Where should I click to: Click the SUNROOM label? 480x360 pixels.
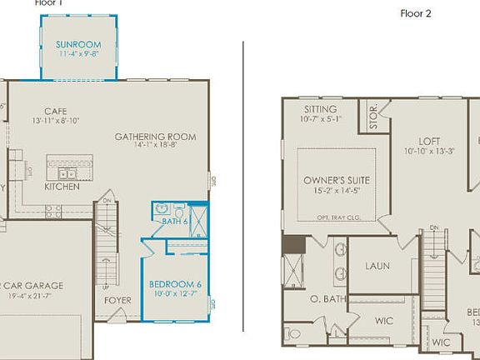tap(79, 44)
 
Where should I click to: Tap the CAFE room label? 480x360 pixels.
tap(55, 110)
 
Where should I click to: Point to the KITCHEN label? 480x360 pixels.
tap(62, 187)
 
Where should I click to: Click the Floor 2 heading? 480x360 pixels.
tap(416, 13)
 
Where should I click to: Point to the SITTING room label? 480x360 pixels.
tap(321, 109)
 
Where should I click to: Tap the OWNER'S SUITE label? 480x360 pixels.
tap(337, 180)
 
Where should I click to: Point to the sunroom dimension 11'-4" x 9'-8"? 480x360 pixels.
tap(79, 54)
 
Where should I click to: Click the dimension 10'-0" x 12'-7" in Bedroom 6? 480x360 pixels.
tap(174, 292)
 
